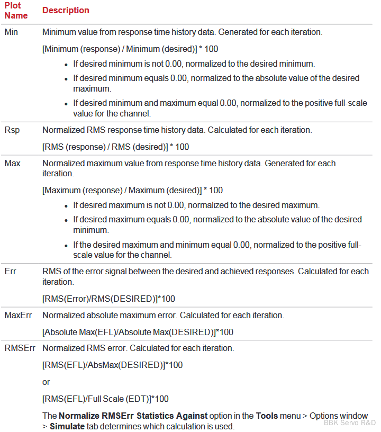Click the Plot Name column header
16,10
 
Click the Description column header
66,11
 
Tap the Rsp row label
12,130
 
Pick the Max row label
12,163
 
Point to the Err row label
10,272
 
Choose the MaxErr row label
18,316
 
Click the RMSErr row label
20,348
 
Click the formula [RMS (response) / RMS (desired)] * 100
115,147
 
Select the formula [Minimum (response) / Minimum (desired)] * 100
130,49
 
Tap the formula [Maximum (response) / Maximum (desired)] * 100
132,190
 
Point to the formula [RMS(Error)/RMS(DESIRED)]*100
108,299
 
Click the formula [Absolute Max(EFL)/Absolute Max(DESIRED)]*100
138,332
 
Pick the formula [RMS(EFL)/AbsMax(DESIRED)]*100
112,365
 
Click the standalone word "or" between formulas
46,382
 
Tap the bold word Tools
267,416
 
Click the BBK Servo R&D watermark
350,422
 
